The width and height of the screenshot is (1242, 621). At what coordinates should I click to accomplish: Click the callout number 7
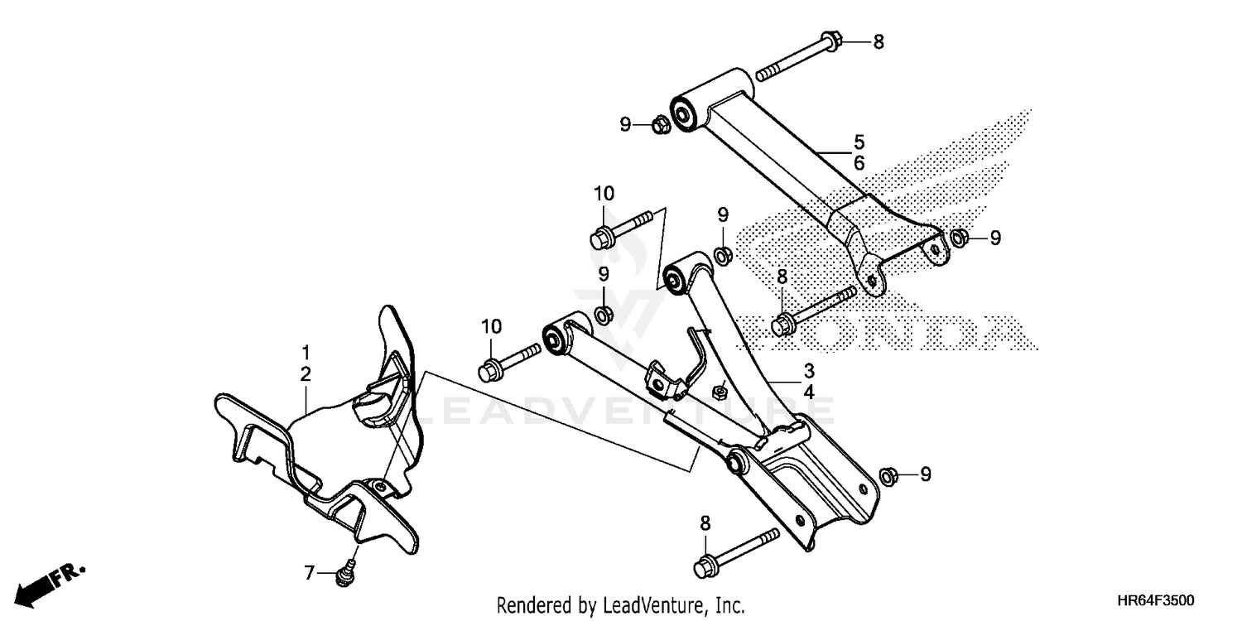pos(310,572)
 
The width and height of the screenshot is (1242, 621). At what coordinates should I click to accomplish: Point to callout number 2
pos(306,374)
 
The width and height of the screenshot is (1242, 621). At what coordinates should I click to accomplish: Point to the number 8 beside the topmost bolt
pos(879,41)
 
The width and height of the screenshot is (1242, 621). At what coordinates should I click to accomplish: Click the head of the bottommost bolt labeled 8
pos(705,567)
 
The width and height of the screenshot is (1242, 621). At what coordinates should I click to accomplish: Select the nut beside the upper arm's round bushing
pos(662,125)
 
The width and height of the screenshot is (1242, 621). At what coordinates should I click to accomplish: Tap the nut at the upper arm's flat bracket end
pos(957,238)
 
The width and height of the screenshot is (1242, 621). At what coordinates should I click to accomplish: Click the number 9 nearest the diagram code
pos(926,474)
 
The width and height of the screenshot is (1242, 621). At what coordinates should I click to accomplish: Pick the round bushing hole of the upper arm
pos(685,113)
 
